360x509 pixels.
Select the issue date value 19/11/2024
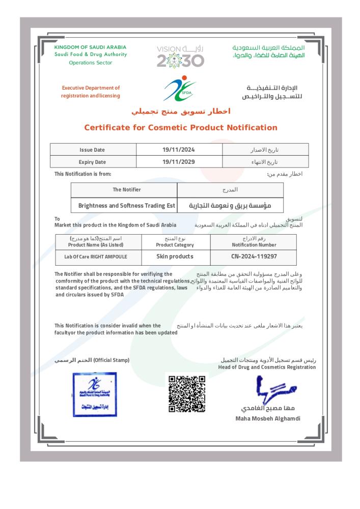(179, 150)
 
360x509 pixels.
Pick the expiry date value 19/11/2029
(179, 162)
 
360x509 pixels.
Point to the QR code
(186, 394)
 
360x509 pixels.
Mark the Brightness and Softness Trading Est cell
(126, 206)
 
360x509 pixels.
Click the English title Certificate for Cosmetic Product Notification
(180, 127)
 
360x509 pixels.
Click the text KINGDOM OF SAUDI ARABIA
(90, 47)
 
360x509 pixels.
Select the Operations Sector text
(90, 63)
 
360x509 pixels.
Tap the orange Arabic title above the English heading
(181, 111)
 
